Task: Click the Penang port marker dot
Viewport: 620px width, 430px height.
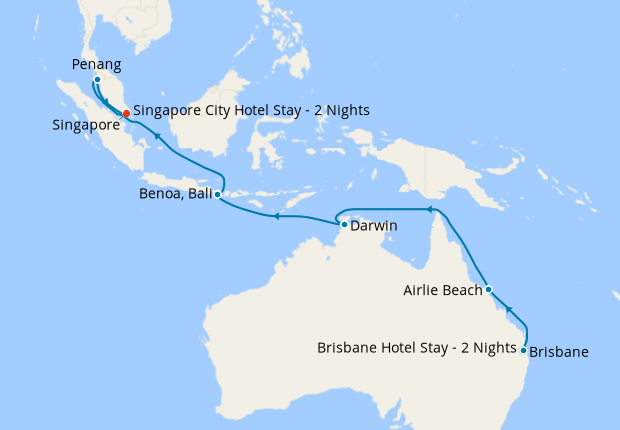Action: click(97, 80)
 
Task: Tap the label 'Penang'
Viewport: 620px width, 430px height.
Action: click(97, 64)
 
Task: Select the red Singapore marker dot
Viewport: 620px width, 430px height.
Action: click(126, 113)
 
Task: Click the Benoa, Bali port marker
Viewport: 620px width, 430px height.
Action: click(218, 195)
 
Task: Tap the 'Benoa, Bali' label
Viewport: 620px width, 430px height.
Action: click(176, 195)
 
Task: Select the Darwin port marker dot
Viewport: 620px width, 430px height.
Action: click(344, 225)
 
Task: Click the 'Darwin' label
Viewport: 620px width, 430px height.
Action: click(374, 226)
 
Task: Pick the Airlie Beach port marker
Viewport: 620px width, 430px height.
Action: click(488, 289)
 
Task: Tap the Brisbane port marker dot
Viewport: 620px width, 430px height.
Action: click(524, 350)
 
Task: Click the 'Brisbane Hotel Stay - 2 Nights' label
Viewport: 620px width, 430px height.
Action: click(417, 349)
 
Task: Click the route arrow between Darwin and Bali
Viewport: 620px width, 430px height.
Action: click(277, 215)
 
